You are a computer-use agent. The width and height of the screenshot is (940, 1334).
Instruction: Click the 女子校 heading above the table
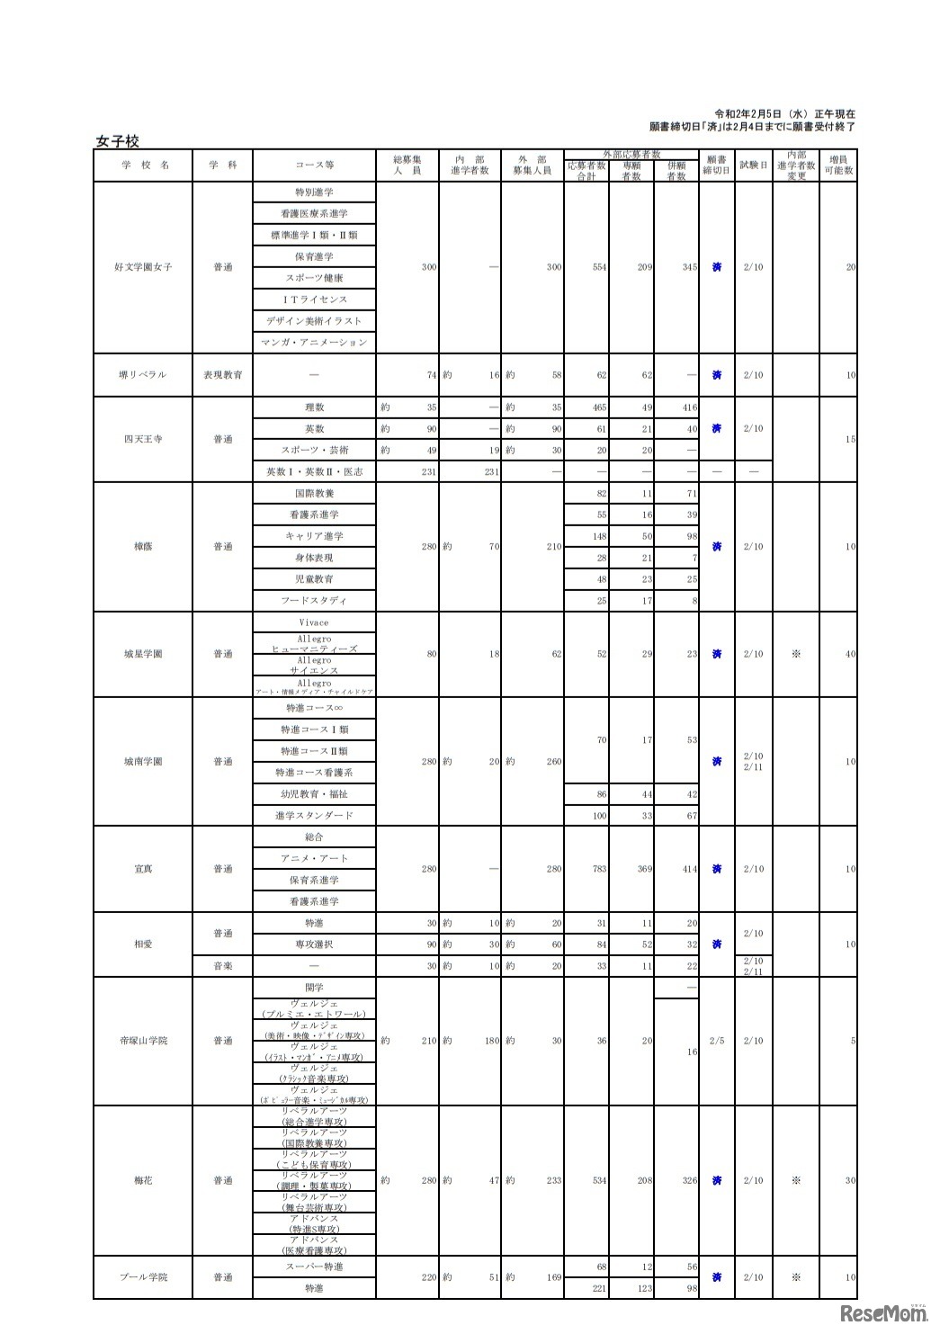click(x=117, y=141)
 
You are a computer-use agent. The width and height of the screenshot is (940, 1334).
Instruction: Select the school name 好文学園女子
click(x=143, y=267)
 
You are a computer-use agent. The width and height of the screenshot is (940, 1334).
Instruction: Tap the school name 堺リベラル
click(x=143, y=375)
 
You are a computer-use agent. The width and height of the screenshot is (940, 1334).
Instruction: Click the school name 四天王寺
click(x=143, y=440)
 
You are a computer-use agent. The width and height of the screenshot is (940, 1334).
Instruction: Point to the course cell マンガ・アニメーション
click(x=315, y=343)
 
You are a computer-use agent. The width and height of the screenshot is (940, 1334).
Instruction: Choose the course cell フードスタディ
click(x=315, y=601)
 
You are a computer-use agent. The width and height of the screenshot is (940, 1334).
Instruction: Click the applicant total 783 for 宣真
click(x=599, y=869)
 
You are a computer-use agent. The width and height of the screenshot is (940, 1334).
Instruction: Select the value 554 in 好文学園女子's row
click(x=599, y=267)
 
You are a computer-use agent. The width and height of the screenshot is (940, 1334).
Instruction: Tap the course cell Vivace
click(x=315, y=622)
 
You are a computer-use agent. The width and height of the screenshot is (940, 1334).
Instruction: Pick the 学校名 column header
click(x=143, y=166)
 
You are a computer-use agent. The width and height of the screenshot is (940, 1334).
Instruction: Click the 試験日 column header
click(x=754, y=166)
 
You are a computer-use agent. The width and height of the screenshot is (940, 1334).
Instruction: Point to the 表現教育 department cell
click(x=223, y=375)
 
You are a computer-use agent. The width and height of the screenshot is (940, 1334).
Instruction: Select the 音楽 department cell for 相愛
click(x=223, y=966)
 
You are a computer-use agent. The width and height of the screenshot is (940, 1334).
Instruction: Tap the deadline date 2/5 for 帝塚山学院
click(x=716, y=1041)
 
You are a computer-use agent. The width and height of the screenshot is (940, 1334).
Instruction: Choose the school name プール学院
click(x=143, y=1277)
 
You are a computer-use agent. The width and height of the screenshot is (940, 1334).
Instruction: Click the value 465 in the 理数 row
click(x=599, y=407)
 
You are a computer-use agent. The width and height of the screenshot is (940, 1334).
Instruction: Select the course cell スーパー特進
click(x=315, y=1267)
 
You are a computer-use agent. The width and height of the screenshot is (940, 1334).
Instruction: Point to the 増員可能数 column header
click(x=838, y=166)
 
